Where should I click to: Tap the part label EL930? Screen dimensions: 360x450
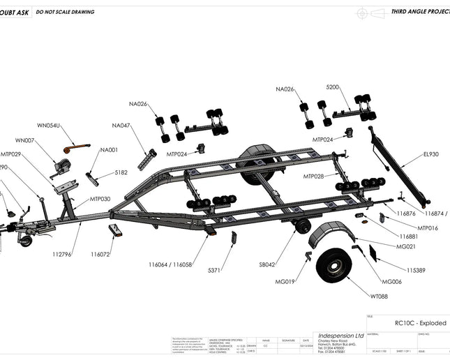coord(430,154)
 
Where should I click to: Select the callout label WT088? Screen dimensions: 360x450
coord(379,297)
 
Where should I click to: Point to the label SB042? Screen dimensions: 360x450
coord(267,265)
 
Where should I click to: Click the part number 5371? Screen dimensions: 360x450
coord(215,269)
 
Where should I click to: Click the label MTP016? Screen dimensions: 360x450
coord(428,228)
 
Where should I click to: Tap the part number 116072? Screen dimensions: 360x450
coord(100,254)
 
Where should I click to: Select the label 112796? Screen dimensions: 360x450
coord(61,254)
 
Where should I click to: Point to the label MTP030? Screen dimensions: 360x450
coord(100,199)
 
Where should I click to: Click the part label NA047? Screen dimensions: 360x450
coord(121,126)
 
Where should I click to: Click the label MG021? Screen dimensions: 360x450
coord(406,246)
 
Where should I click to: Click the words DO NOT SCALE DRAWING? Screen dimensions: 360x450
coord(66,12)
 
